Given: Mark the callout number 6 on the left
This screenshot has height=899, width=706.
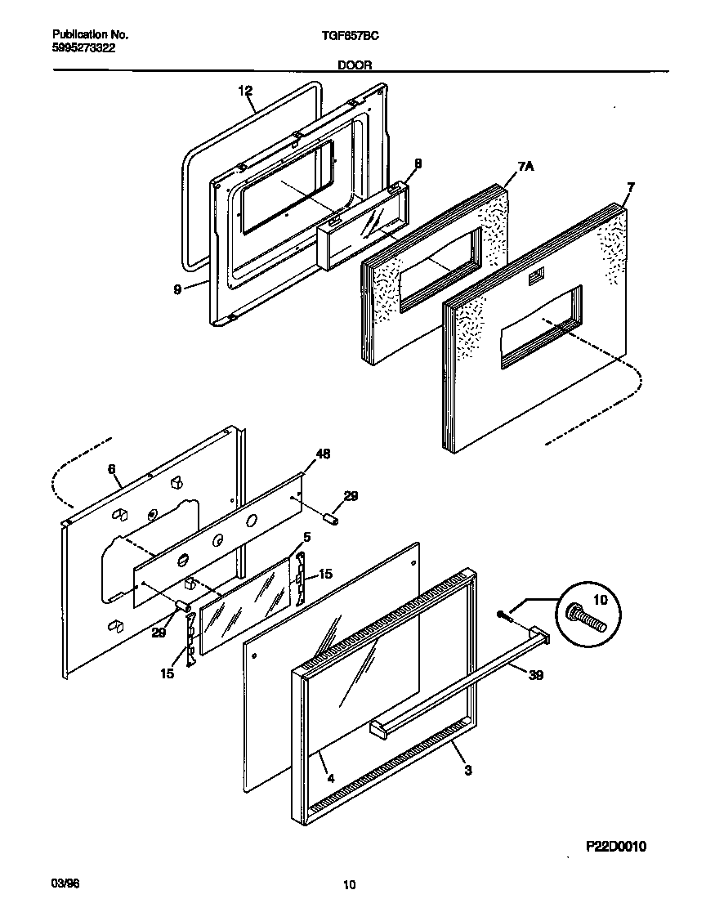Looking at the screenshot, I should [x=112, y=468].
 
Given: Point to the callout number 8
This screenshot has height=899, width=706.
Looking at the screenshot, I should [x=418, y=163].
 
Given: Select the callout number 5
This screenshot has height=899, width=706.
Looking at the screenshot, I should [x=307, y=537].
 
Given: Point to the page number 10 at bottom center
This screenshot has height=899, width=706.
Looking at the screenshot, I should [x=349, y=884].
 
